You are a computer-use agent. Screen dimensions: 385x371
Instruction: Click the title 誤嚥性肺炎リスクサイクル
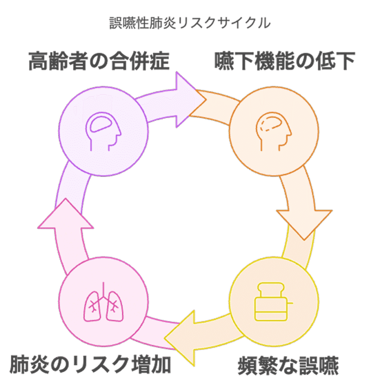coord(190,23)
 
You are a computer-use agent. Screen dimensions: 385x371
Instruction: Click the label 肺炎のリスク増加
coord(91,364)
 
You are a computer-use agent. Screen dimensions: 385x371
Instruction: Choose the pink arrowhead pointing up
coord(65,215)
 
